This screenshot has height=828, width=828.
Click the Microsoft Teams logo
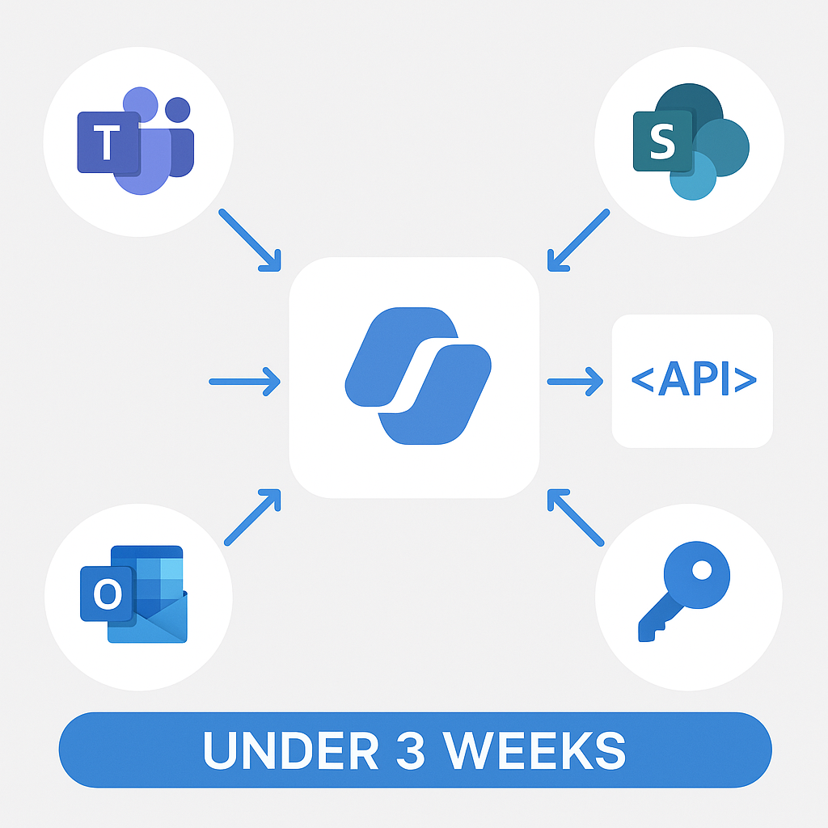pos(136,141)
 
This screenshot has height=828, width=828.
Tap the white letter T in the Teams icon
pos(107,142)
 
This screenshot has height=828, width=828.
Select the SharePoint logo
pos(691,142)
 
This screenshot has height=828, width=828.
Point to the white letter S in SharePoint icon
pos(662,141)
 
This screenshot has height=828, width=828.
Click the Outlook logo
pos(134,594)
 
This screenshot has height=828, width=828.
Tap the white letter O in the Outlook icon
pos(108,594)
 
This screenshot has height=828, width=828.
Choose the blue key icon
pos(684,591)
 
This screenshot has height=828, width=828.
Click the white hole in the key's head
pos(702,570)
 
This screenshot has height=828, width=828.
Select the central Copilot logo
pos(418,376)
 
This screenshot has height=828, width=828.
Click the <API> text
pos(694,378)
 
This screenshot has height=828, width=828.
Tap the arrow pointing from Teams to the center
pos(250,240)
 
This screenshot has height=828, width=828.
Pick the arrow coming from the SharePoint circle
pos(579,240)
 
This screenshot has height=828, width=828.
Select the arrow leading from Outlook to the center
pos(252,517)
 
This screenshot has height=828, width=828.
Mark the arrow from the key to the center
pos(576,517)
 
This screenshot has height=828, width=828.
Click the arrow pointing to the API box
pos(575,382)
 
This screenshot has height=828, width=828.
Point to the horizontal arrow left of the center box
pos(244,382)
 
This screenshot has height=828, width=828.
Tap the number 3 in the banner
pos(410,750)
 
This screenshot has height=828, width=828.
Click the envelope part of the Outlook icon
pos(148,618)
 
